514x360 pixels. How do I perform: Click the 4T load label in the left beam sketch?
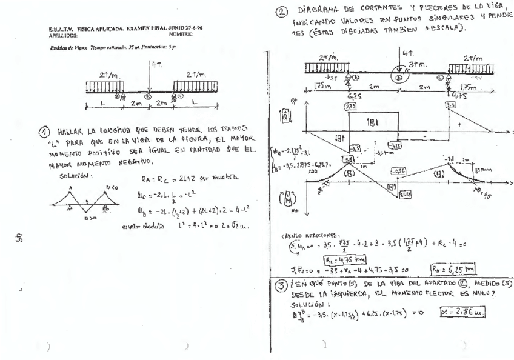[x=155, y=64]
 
